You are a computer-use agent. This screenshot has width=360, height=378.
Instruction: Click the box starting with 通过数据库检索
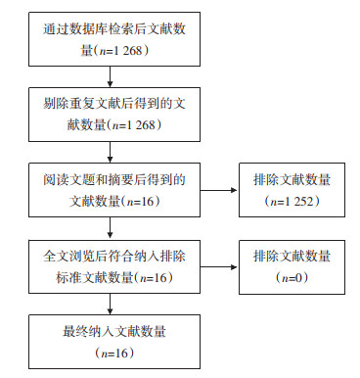(114, 39)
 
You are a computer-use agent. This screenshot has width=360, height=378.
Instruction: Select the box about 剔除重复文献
(114, 115)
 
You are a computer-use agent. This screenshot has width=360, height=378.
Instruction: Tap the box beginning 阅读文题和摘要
(114, 190)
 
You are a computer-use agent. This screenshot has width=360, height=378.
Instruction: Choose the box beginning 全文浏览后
(114, 266)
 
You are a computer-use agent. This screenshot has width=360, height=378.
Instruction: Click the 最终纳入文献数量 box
(114, 342)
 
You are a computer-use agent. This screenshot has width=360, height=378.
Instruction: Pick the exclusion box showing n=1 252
(292, 190)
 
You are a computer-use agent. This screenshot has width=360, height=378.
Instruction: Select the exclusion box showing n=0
(292, 267)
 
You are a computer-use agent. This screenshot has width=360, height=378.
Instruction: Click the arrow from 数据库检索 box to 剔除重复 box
(110, 76)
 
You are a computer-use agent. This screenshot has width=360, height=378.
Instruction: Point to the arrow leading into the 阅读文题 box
(110, 152)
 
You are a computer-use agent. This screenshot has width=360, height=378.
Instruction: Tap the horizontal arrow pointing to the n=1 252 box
(219, 190)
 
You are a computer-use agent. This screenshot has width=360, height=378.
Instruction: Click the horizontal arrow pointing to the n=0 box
(219, 267)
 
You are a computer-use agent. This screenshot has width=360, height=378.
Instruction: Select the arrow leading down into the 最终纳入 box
(110, 304)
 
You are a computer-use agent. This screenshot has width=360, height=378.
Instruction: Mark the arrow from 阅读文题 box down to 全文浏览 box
(110, 228)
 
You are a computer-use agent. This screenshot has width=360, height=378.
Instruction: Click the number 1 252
(298, 202)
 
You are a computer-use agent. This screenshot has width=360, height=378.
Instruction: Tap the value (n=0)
(292, 278)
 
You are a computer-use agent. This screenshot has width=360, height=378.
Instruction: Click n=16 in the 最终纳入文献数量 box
(114, 354)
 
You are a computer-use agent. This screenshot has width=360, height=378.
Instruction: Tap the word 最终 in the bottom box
(75, 332)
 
